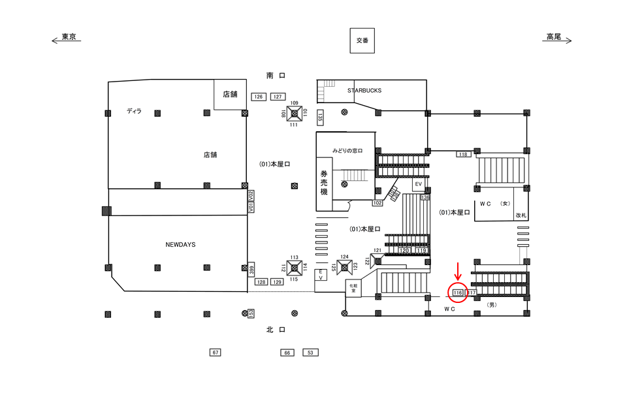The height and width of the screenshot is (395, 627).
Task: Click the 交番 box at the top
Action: coord(362,40)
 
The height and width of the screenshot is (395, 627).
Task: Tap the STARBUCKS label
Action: coord(364,91)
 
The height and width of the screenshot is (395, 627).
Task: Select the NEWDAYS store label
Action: coord(180,244)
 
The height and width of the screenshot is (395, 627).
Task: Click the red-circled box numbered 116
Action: coord(458,292)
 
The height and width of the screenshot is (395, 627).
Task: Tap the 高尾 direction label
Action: coord(554,38)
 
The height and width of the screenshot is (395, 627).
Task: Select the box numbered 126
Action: coord(258,97)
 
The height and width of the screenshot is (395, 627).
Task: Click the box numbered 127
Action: coord(278,97)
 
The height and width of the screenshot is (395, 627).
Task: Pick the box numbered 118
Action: coord(463,154)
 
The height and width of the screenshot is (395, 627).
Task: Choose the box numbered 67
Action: coord(216,353)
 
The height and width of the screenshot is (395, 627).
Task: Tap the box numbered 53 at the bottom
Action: coord(310,353)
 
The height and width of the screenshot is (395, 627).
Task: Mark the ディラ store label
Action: coord(134,112)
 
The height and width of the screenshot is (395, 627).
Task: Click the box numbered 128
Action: coord(261,281)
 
